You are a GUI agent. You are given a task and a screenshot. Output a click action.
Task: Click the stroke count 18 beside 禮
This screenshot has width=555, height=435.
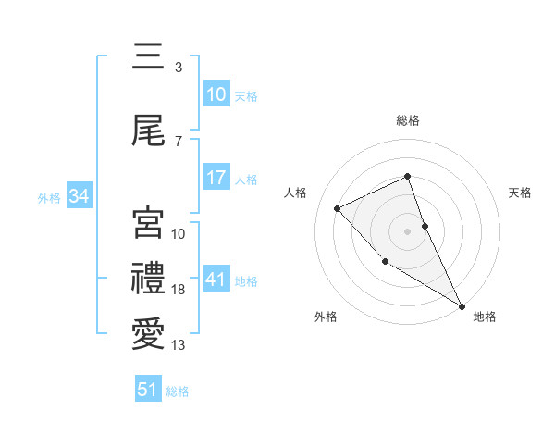pos(179,290)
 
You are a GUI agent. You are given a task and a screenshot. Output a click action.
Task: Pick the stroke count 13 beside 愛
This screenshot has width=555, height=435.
pos(179,345)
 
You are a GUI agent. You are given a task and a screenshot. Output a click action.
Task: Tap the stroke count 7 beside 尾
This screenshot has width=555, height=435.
pos(179,141)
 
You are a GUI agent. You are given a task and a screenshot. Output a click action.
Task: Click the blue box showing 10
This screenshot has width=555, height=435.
pos(216,94)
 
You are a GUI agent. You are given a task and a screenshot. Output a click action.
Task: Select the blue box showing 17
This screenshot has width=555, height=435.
pos(216,178)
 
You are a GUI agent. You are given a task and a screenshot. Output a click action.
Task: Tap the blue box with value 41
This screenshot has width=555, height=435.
pos(216,280)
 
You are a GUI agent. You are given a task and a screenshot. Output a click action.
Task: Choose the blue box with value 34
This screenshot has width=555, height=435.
pos(79,196)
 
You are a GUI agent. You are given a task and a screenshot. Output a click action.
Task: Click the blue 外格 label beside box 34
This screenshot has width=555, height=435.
pos(49,197)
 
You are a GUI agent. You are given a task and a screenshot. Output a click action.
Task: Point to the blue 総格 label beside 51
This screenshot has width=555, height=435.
pos(178,391)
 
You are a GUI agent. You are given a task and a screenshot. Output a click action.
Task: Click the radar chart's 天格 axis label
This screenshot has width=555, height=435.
pos(520,193)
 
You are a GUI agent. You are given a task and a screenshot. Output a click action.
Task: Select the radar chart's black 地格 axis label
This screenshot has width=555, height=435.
pos(485,317)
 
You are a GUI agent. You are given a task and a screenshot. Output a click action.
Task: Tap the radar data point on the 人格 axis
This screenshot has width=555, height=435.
pos(338,208)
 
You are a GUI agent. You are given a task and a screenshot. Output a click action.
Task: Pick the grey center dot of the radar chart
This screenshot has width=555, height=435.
pos(408,230)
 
